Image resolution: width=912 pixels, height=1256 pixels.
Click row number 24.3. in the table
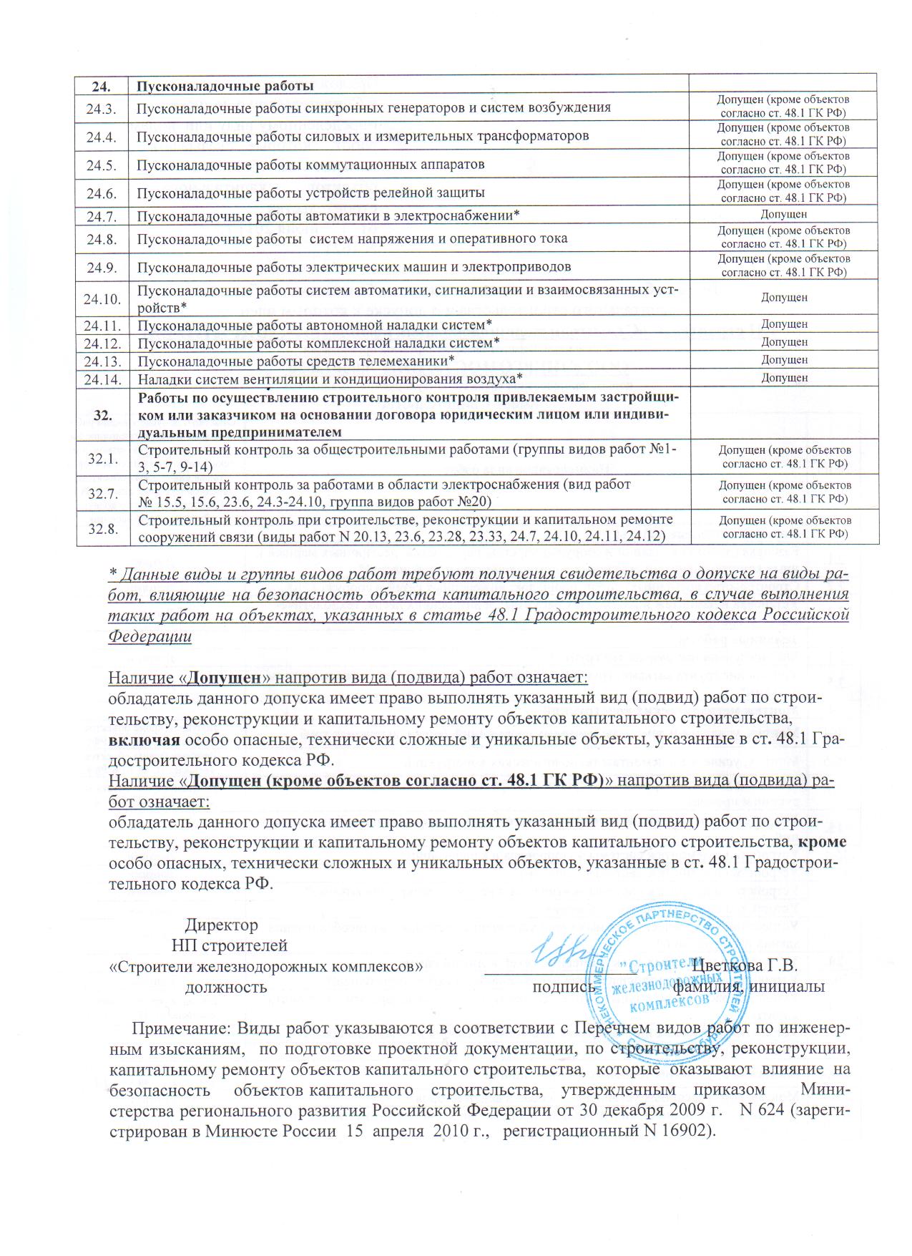tap(102, 107)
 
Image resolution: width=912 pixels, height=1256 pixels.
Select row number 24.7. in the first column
tap(102, 215)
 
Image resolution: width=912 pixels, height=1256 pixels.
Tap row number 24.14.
tap(102, 378)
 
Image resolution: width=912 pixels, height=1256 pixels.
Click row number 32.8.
tap(102, 528)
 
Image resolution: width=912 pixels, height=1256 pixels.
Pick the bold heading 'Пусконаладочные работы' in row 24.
tap(225, 87)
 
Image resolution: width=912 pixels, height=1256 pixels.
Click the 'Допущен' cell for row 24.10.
tap(784, 297)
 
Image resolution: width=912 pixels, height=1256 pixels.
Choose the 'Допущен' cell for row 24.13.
tap(784, 360)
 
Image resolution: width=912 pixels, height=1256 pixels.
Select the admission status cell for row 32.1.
tap(784, 457)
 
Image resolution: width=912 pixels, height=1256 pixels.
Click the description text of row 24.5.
tap(310, 165)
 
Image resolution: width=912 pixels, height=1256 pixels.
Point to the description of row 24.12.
tap(318, 343)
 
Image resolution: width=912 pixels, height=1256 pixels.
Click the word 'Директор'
tap(222, 925)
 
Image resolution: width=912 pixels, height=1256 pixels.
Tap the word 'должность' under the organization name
tap(226, 987)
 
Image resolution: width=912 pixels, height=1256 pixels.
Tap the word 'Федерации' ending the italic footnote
tap(150, 636)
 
